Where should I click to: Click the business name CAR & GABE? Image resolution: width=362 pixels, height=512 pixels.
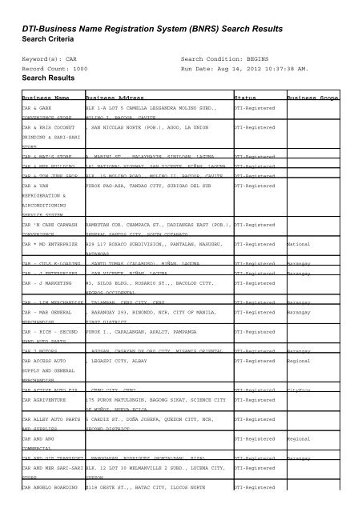(41, 105)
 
